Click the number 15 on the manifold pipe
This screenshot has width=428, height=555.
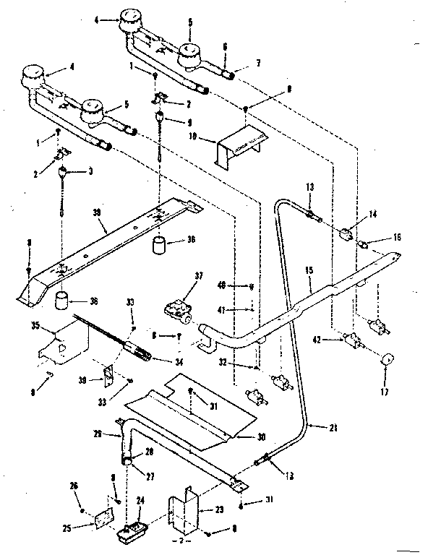pos(309,270)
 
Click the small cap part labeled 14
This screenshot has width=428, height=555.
pos(346,233)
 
